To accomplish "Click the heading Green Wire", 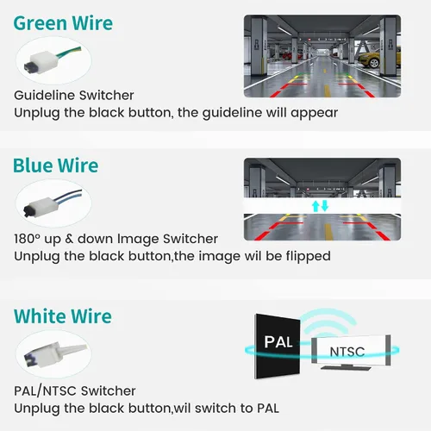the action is (63, 23).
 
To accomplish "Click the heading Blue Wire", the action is (56, 166).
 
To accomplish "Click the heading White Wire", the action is (63, 316).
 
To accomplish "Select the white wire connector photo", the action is (53, 353).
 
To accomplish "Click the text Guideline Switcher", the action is (74, 96).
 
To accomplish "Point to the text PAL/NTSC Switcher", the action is (75, 390).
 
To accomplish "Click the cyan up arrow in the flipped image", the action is (315, 206).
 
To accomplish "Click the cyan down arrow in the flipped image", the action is (325, 206).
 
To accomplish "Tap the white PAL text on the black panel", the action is (278, 342).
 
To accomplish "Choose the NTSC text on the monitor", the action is (347, 352).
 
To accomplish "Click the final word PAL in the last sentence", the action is (268, 409).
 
